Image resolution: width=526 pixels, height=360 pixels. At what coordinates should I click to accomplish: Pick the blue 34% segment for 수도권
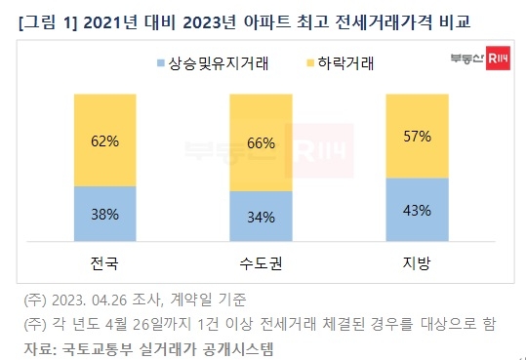[x=261, y=216]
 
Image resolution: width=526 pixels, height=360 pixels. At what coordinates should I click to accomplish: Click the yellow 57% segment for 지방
[x=416, y=136]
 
